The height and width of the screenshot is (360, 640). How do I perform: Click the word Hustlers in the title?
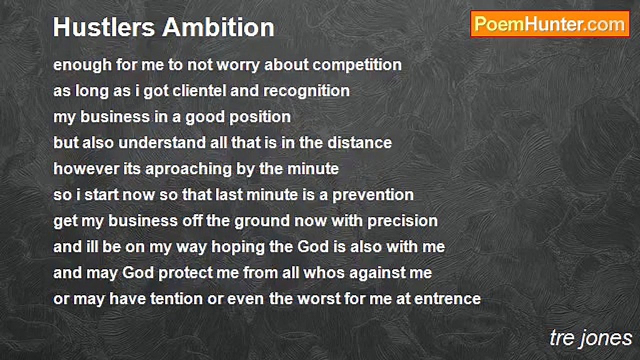[104, 27]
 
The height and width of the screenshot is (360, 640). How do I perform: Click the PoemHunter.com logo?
[550, 24]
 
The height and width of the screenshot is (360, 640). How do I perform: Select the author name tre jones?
[590, 338]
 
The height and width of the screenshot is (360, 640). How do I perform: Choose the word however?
[86, 169]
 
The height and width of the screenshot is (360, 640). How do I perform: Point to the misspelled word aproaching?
[188, 169]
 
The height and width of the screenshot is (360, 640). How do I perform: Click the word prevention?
[373, 195]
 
